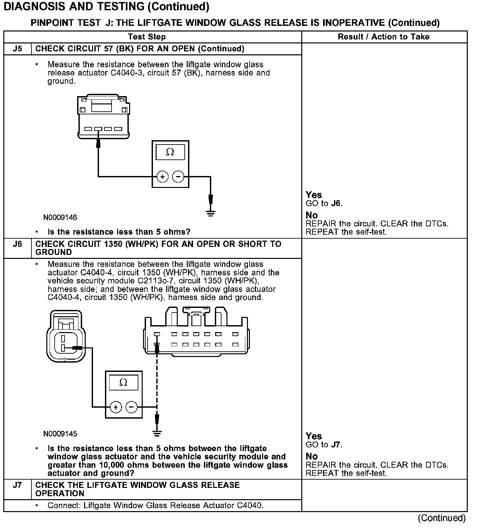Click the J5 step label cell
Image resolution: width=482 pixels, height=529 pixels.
pos(17,49)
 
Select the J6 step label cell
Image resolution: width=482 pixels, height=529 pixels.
pos(17,244)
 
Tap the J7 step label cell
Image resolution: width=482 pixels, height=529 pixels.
pos(17,485)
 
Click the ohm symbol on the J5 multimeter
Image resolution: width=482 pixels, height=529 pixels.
pos(170,152)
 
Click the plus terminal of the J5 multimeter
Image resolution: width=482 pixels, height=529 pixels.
pos(162,177)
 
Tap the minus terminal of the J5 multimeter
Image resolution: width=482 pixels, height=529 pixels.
pos(178,177)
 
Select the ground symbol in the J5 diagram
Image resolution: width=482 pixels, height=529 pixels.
pos(211,213)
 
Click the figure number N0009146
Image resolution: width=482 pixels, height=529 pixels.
pos(60,217)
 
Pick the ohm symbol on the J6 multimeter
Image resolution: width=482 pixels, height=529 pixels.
pos(123,383)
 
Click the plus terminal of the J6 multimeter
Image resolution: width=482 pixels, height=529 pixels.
pos(116,407)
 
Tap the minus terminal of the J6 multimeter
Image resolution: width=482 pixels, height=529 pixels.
pos(131,407)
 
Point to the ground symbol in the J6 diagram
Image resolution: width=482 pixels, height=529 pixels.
pos(157,433)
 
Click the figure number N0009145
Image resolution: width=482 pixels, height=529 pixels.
pos(60,434)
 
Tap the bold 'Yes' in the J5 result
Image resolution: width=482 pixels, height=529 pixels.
pos(313,195)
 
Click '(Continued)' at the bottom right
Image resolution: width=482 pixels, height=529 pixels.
pos(442,518)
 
